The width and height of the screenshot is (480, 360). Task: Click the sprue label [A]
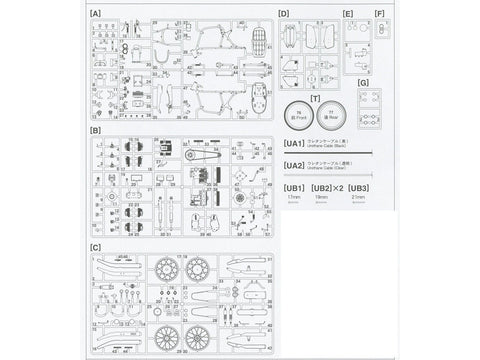pyautogui.click(x=95, y=14)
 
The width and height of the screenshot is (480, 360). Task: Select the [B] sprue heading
pyautogui.click(x=95, y=130)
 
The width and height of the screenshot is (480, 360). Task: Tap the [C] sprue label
pyautogui.click(x=95, y=246)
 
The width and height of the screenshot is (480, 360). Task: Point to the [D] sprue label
pyautogui.click(x=283, y=14)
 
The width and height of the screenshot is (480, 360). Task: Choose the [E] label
pyautogui.click(x=348, y=14)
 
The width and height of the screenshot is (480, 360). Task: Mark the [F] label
pyautogui.click(x=379, y=14)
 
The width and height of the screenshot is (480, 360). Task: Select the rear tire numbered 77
pyautogui.click(x=334, y=113)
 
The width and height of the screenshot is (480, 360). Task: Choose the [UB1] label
pyautogui.click(x=293, y=187)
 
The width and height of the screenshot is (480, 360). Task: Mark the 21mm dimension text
pyautogui.click(x=358, y=198)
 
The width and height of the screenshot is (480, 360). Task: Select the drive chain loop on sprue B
pyautogui.click(x=203, y=151)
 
